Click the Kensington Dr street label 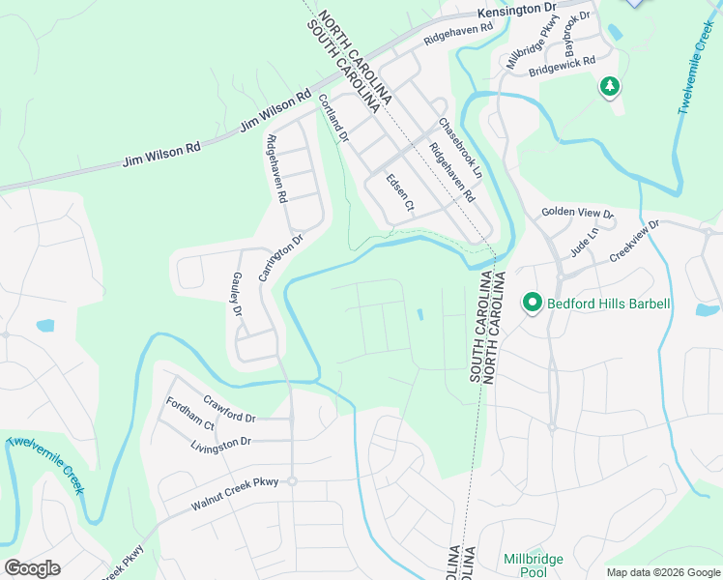[518, 12]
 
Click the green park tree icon [610, 88]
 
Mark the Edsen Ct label [399, 193]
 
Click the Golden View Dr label [577, 213]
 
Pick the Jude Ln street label [585, 241]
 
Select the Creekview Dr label [633, 242]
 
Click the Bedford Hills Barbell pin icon [532, 304]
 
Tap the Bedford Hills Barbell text [608, 304]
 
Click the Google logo [32, 567]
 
